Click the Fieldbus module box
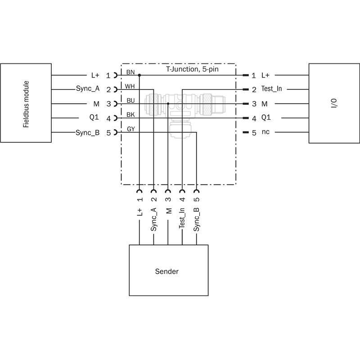[26, 103]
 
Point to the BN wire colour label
[130, 72]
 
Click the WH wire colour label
[130, 86]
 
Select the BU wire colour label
[130, 100]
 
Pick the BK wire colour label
[130, 115]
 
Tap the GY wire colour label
[130, 129]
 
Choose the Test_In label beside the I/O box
[271, 90]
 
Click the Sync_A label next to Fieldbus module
[88, 90]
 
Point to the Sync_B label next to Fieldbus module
[88, 133]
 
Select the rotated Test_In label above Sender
[182, 218]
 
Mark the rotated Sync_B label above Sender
[197, 219]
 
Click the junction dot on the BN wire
[139, 75]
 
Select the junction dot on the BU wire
[168, 104]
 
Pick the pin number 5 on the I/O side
[254, 133]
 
